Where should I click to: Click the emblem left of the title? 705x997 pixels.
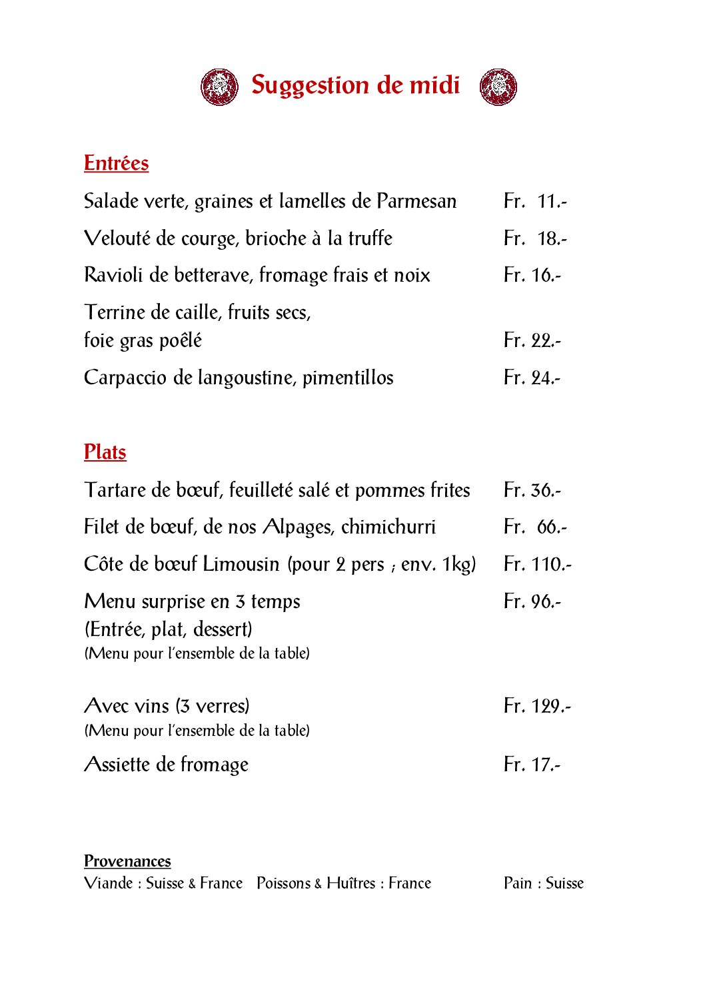click(220, 87)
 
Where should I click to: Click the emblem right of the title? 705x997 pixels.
click(498, 87)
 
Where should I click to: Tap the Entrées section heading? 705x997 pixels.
click(116, 163)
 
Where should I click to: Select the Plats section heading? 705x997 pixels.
click(105, 452)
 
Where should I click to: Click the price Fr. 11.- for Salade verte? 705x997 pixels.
click(535, 201)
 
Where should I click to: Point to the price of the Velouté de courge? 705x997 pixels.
click(535, 238)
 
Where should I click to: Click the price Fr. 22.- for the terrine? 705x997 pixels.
click(532, 340)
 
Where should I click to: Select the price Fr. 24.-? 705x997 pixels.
click(532, 378)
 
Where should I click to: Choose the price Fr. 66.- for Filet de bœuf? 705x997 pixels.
click(535, 527)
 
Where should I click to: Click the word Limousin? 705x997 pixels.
click(241, 564)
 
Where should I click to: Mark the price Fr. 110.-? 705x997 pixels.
click(538, 564)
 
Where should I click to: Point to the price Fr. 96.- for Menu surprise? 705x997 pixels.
click(532, 601)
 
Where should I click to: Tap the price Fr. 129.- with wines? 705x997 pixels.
click(537, 706)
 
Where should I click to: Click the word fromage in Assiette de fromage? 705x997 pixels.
click(215, 765)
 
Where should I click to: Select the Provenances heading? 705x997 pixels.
click(127, 861)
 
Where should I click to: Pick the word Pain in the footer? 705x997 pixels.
click(518, 883)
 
